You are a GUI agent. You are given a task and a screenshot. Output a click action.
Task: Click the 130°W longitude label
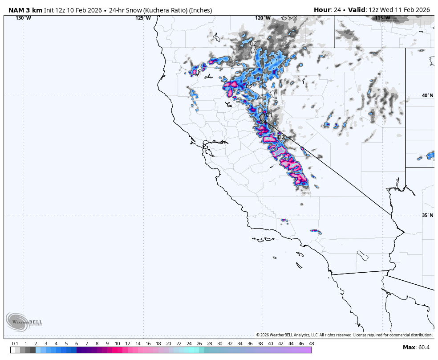(23, 18)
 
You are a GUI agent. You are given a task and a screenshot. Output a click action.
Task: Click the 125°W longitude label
(143, 18)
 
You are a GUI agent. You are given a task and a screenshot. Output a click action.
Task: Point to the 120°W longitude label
(262, 18)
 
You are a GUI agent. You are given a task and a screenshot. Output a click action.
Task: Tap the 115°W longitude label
(382, 18)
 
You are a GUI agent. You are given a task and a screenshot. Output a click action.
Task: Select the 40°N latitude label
(427, 95)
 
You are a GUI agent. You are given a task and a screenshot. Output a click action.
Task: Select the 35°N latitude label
(427, 215)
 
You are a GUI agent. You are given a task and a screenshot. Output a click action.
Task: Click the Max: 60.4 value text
(416, 348)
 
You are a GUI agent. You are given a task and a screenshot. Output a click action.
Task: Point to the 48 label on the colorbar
(311, 344)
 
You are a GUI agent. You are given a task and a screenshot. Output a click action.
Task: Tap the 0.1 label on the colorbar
(15, 344)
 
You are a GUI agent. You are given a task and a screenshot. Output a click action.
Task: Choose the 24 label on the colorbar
(189, 344)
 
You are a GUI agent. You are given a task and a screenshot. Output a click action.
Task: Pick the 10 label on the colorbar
(118, 344)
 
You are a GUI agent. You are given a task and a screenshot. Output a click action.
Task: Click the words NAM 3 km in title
(25, 10)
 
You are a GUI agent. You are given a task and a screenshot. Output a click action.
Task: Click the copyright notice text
(344, 335)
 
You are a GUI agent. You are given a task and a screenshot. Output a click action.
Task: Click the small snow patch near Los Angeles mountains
(315, 231)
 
